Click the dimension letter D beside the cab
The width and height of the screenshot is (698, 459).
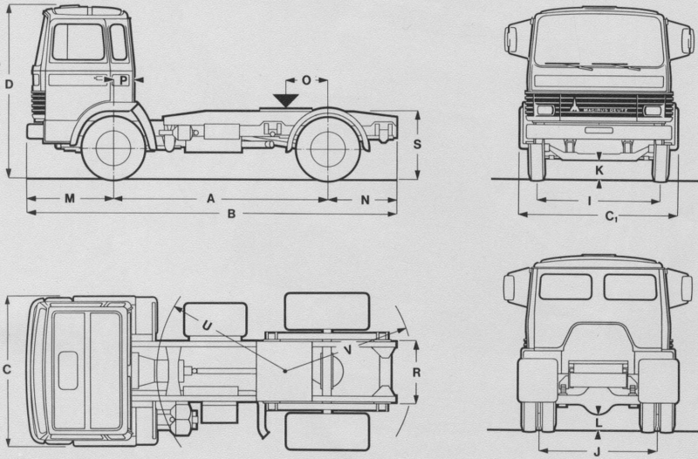point(8,85)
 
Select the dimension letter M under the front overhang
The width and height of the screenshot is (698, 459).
point(69,199)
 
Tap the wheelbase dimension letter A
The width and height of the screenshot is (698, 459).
point(209,199)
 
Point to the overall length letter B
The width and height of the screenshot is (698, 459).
point(231,214)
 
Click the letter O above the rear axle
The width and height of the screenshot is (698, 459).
point(306,79)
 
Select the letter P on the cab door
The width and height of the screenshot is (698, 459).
point(124,80)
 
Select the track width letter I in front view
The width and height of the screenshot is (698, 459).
point(591,200)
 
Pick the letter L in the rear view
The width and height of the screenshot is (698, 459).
point(598,422)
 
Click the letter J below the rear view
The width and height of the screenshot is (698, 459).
point(596,451)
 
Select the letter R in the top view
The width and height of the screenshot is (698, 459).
point(417,371)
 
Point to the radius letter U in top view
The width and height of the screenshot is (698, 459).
point(205,325)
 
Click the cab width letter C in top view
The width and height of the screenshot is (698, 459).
point(8,370)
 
